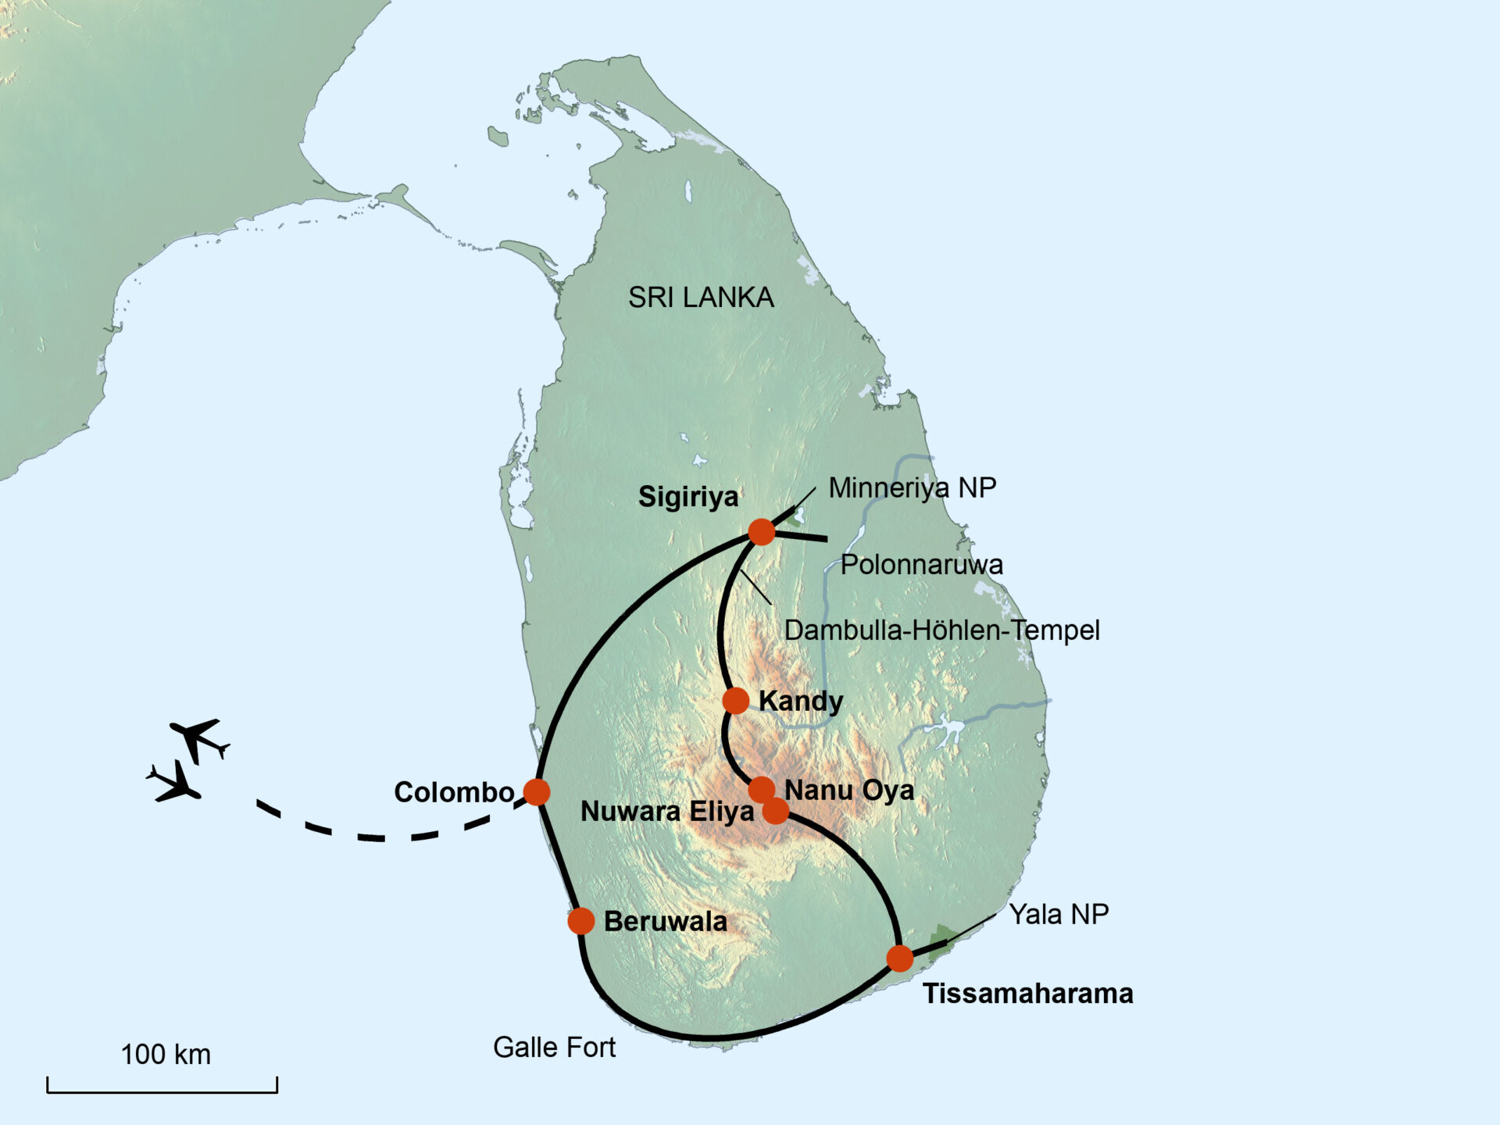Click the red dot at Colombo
(x=537, y=791)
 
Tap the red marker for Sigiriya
(x=761, y=532)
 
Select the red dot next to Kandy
(x=735, y=701)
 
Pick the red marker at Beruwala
(x=581, y=921)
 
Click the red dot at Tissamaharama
(x=900, y=958)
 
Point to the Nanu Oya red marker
(x=762, y=790)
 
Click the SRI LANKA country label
(x=701, y=298)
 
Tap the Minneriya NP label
(x=912, y=487)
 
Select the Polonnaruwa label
(x=921, y=565)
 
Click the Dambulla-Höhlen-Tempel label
(x=941, y=630)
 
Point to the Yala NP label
(x=1059, y=914)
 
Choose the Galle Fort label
(x=554, y=1048)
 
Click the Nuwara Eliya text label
(x=667, y=812)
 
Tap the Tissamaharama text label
(x=1027, y=994)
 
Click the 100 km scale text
(x=166, y=1055)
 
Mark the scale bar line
(x=162, y=1091)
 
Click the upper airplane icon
(x=198, y=739)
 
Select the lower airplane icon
(x=176, y=782)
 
